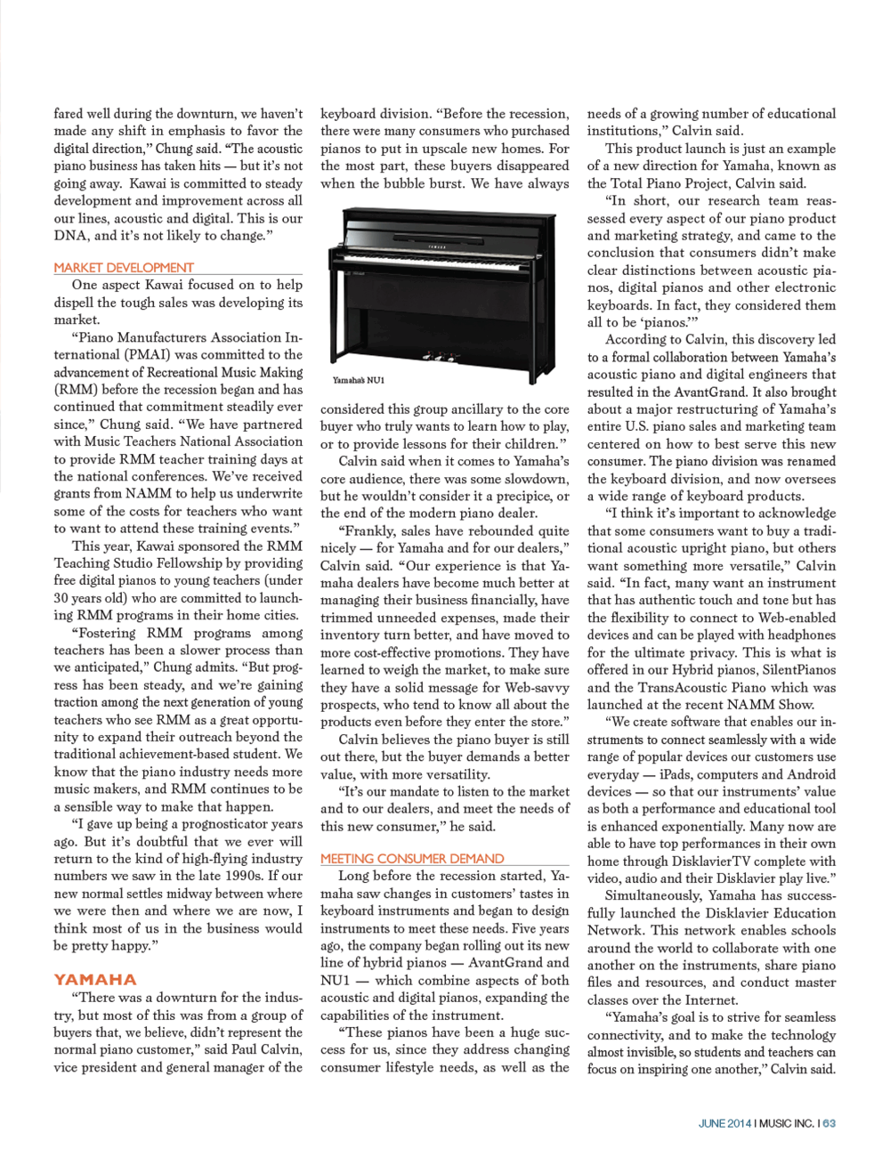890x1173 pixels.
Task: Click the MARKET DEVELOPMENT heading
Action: pyautogui.click(x=124, y=268)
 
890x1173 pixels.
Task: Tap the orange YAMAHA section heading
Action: pyautogui.click(x=95, y=979)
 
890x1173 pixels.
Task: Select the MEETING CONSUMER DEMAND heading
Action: pyautogui.click(x=412, y=859)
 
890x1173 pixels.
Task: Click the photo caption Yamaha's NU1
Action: pyautogui.click(x=359, y=380)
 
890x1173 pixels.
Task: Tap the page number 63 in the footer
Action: pyautogui.click(x=829, y=1123)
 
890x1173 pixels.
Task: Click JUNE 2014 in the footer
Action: pyautogui.click(x=724, y=1123)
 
